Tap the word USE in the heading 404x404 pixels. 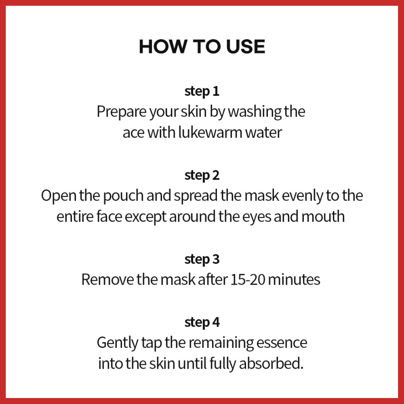(245, 47)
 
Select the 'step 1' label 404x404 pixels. (202, 92)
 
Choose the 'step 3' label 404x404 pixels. (202, 260)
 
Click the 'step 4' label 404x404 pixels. (202, 322)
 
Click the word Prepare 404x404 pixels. (122, 112)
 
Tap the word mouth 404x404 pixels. (323, 217)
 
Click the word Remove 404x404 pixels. (107, 280)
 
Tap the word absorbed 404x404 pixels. (271, 364)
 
